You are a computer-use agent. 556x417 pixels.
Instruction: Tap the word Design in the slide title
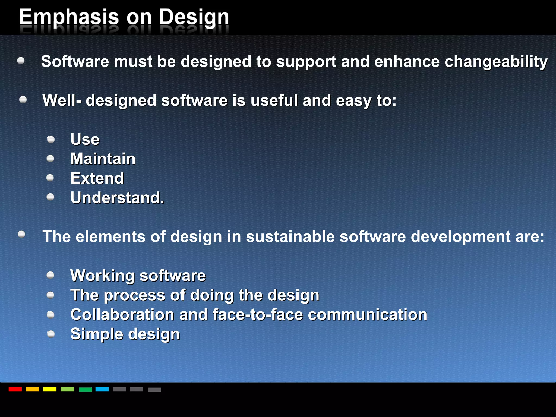[194, 17]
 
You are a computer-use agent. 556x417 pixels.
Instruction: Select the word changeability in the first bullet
[496, 62]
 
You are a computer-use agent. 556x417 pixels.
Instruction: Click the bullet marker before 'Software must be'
[21, 61]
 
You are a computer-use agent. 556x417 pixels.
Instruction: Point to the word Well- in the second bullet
[62, 100]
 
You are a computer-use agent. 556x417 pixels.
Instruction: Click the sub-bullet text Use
[85, 139]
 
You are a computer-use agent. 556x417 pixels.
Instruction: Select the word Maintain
[103, 159]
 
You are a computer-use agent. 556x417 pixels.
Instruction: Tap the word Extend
[97, 178]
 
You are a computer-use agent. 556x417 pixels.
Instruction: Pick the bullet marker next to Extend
[50, 178]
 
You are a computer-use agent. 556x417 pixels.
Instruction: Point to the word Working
[102, 276]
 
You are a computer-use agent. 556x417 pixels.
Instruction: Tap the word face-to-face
[257, 315]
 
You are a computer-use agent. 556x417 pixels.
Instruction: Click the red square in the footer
[15, 389]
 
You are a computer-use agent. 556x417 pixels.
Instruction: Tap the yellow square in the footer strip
[50, 389]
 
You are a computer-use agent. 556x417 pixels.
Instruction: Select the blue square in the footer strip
[102, 389]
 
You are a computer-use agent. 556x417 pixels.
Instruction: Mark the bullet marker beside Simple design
[51, 334]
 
